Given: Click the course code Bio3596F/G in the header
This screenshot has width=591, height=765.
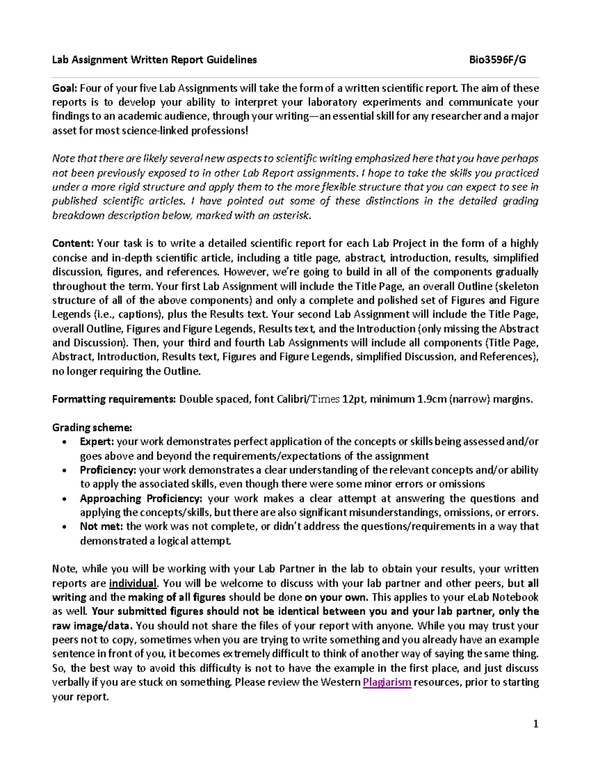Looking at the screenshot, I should pos(497,60).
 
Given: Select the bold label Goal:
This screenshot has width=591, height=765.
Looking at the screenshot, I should pos(65,88).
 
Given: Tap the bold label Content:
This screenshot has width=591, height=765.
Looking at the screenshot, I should pos(73,243).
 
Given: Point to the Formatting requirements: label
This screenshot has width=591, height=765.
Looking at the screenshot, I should pos(114,399).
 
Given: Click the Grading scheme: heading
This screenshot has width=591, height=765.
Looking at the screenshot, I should pos(92,428).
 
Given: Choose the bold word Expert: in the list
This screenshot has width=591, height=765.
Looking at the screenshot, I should pos(97,442).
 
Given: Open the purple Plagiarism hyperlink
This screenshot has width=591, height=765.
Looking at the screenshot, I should pos(387,683).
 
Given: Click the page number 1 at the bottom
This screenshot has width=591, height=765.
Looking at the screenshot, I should pos(536,724).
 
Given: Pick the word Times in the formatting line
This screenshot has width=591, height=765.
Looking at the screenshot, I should pos(325,399).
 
